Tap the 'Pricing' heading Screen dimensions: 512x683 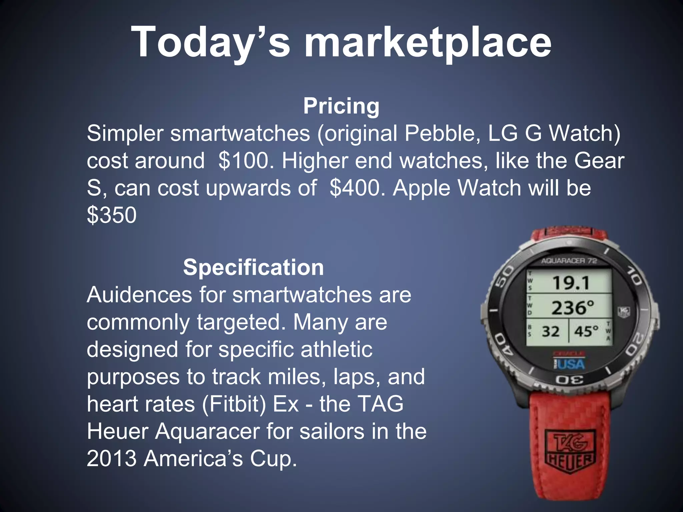pos(341,106)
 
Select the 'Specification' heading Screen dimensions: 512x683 pos(253,267)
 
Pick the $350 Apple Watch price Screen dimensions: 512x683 pos(112,215)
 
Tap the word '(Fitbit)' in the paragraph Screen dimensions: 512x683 pos(234,404)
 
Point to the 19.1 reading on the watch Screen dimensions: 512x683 pos(571,283)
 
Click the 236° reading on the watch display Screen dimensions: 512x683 pos(573,308)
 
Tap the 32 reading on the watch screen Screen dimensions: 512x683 pos(551,332)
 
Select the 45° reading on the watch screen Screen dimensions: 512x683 pos(586,332)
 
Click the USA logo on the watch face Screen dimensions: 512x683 pos(570,364)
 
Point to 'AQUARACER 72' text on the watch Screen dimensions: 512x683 pos(569,261)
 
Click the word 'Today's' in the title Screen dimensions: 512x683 pos(210,43)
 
